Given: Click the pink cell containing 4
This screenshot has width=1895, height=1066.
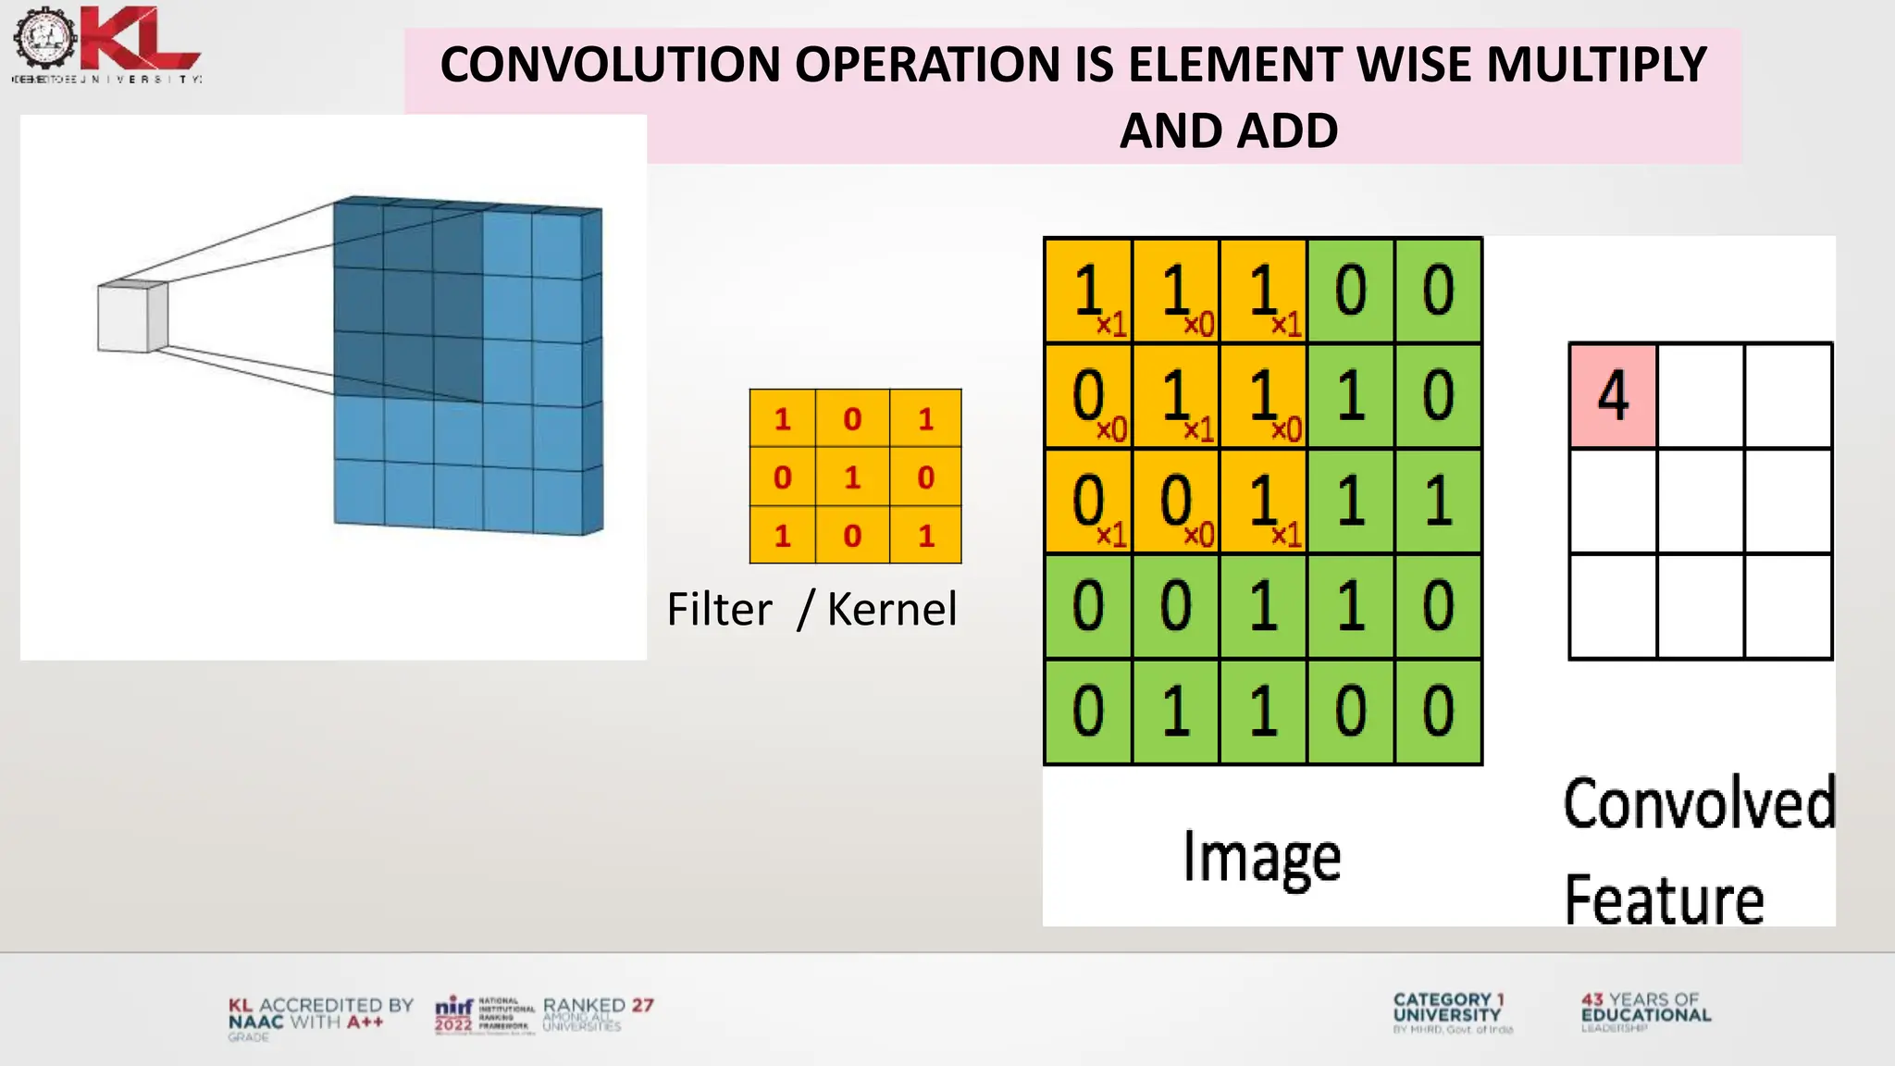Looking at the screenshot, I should point(1613,396).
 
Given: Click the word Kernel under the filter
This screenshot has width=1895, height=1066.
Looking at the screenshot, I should point(891,609).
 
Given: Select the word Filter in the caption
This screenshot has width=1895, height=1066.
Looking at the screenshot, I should point(719,609).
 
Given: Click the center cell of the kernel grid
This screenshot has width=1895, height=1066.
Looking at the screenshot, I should point(852,477).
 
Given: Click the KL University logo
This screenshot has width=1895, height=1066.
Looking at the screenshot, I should point(106,43).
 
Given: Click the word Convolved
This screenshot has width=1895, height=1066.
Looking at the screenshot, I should point(1699,803).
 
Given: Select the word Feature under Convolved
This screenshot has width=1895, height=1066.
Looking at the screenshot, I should point(1664,899).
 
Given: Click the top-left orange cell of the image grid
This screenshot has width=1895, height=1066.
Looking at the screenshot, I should point(1088,291).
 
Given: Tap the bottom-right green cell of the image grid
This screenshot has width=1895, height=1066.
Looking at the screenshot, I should point(1438,712).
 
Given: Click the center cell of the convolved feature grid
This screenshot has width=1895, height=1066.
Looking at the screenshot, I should point(1701,501).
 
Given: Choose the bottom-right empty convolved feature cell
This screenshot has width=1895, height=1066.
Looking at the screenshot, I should point(1788,606).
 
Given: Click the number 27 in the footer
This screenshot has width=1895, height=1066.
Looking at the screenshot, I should point(642,1005).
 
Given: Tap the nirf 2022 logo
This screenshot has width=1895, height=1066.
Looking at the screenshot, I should point(455,1014).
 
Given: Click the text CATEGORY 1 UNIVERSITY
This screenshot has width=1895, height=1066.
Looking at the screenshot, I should point(1448,1008).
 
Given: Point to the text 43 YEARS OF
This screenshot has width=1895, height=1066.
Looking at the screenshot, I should point(1640,999).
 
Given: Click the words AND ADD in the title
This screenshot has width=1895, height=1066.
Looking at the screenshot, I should point(1228,130).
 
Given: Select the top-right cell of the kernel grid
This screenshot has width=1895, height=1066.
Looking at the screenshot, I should point(925,419).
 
